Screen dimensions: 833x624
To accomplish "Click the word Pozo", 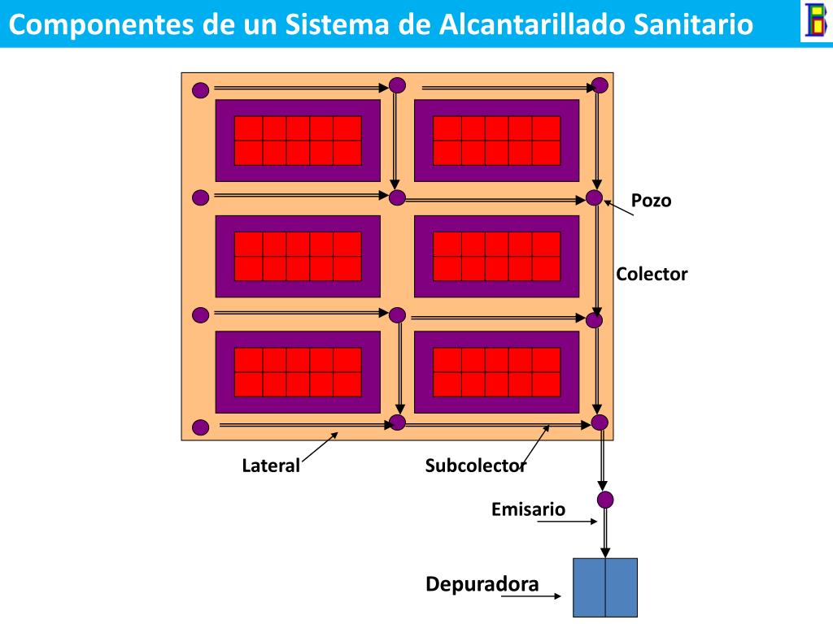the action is point(652,201).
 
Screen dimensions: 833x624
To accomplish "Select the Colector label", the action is point(652,274).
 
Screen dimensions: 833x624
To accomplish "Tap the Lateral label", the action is point(271,466).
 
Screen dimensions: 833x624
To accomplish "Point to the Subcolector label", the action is point(475,466).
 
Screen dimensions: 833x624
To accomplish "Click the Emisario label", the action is point(528,509).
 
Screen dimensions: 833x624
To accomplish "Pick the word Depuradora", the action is point(482,584).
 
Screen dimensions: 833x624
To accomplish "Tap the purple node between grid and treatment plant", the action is point(604,499).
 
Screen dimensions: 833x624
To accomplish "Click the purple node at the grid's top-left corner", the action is point(200,89).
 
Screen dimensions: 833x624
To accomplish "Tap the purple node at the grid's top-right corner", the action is point(600,85).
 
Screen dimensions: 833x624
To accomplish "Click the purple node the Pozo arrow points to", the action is point(595,197).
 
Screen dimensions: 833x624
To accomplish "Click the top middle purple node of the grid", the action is point(397,84).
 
